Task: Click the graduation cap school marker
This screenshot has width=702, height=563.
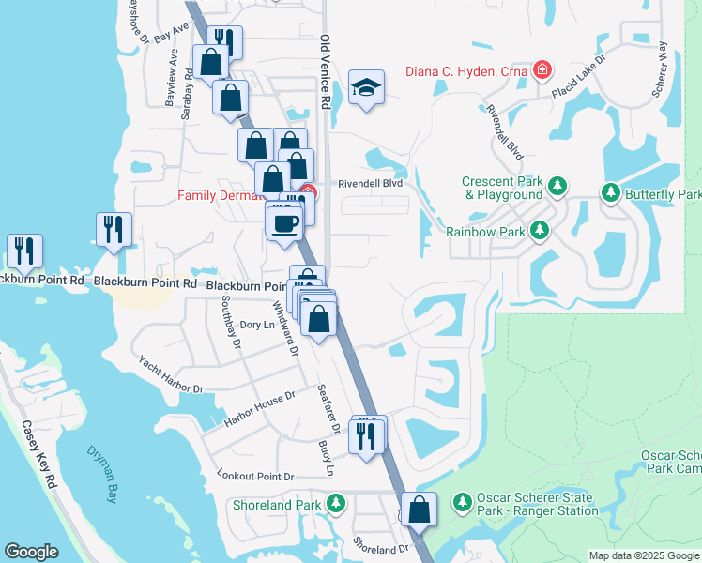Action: (366, 88)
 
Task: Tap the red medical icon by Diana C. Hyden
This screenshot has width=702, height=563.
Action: (541, 69)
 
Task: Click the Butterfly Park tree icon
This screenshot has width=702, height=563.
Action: (610, 193)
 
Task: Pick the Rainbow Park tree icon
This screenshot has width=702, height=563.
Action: (539, 230)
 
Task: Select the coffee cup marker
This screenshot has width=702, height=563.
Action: (284, 223)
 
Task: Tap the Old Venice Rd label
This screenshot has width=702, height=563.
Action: (326, 74)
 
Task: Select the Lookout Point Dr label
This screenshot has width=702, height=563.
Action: (255, 476)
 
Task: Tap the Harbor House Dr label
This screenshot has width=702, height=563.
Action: (260, 409)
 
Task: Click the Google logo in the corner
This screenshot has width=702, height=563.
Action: (31, 552)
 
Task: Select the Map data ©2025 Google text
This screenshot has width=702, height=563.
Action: (644, 555)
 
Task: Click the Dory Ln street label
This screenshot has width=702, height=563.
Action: (256, 325)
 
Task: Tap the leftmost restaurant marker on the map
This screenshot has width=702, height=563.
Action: (22, 250)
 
